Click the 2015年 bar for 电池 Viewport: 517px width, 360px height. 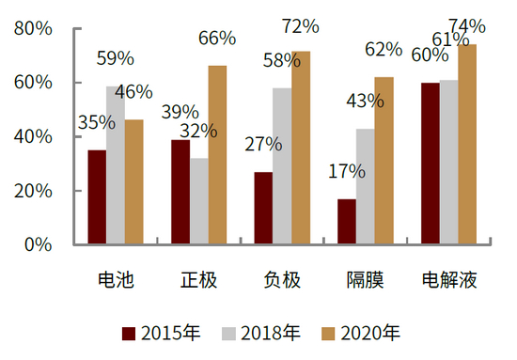[97, 197]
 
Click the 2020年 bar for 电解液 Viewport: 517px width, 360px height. [467, 145]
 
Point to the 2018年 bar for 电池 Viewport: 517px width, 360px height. [116, 165]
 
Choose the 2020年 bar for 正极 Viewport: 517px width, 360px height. [217, 155]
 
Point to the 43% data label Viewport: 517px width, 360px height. [365, 102]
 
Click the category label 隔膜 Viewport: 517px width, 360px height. [366, 280]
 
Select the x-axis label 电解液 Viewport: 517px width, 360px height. [449, 280]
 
